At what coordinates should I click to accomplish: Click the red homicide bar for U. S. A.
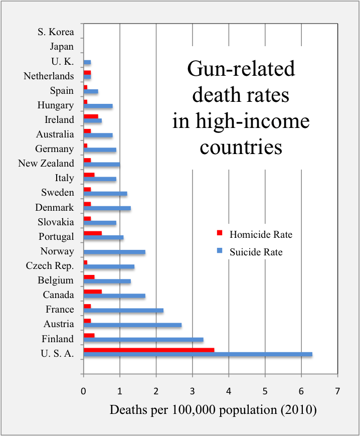tap(149, 350)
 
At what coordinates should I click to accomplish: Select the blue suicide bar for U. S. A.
tap(198, 355)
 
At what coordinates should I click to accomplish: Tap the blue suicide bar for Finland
tap(143, 340)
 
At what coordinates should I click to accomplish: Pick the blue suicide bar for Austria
tap(132, 325)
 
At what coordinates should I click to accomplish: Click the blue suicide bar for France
tap(123, 311)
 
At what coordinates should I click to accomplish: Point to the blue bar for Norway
tap(114, 252)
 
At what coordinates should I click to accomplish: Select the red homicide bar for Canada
tap(93, 292)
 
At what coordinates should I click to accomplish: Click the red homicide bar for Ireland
tap(91, 116)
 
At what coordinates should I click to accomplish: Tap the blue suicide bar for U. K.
tap(87, 62)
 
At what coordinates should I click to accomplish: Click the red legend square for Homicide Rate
tap(219, 234)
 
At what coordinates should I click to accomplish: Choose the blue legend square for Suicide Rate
tap(219, 251)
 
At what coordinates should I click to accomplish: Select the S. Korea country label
tap(56, 32)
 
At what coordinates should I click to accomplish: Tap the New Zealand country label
tap(46, 164)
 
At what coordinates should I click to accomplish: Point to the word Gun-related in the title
tap(241, 69)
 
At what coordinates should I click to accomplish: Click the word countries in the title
tap(241, 148)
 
